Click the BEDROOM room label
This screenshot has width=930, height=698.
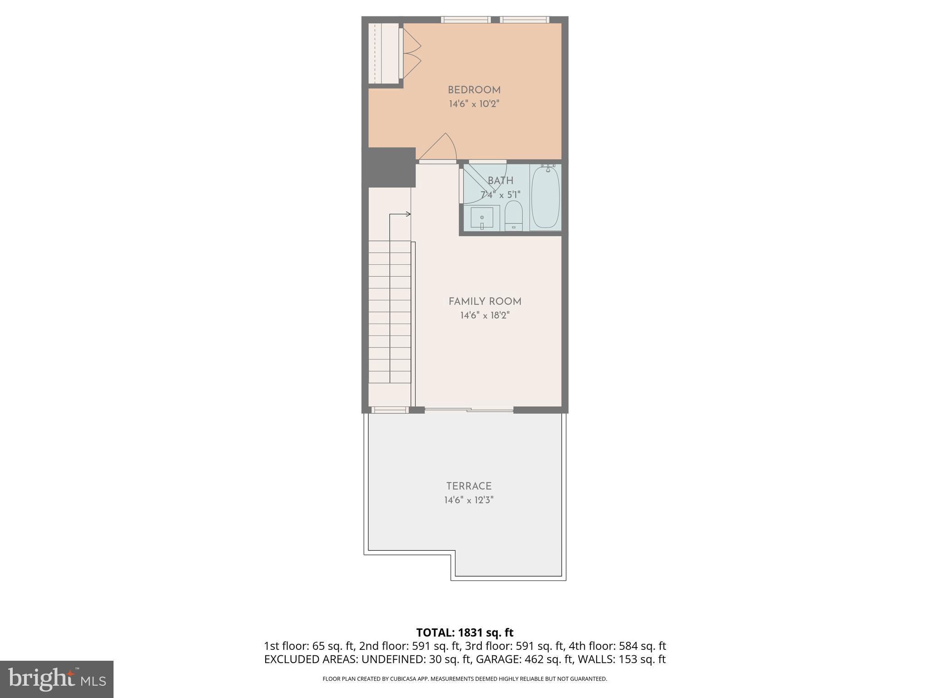(474, 90)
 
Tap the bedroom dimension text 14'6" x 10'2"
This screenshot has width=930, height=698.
(474, 104)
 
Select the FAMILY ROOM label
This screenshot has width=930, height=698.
(485, 301)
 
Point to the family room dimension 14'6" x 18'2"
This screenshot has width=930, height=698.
(485, 315)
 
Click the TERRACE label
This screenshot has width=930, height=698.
(469, 486)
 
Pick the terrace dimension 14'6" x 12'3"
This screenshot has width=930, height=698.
(469, 500)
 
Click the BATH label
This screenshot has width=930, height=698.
(500, 181)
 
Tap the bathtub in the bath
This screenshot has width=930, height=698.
(545, 198)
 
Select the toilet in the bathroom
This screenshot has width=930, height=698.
(514, 216)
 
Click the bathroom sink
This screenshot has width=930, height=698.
(481, 218)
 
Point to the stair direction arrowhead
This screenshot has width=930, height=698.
(408, 214)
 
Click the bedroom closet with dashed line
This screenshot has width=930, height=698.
(382, 54)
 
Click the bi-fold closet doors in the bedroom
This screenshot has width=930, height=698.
(411, 54)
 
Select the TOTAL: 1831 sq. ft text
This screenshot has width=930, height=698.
(465, 632)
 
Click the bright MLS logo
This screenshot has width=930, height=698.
(57, 679)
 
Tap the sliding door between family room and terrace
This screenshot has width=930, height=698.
(469, 410)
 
